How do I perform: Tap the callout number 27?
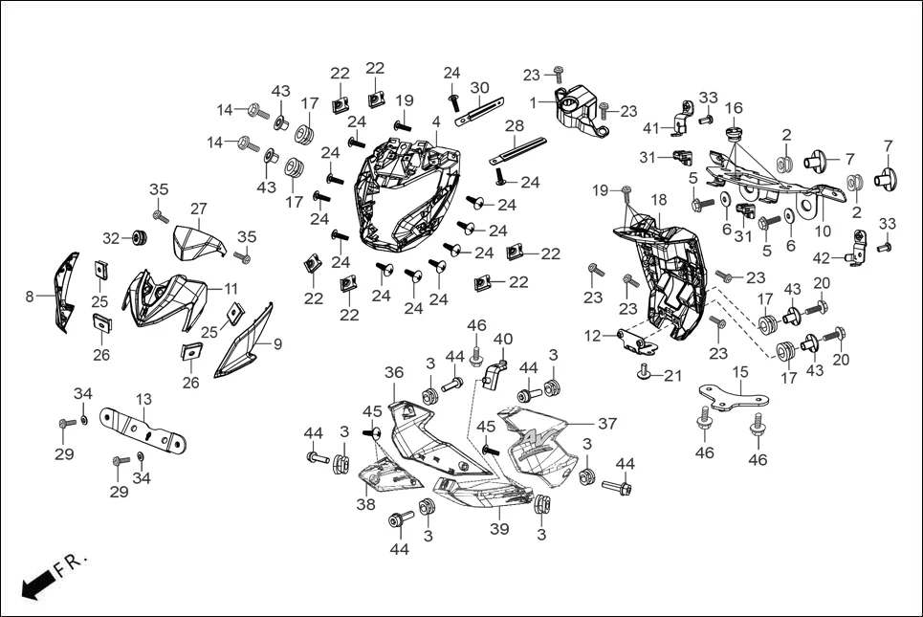(x=198, y=209)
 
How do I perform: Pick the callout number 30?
(x=479, y=88)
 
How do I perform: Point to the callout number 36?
(x=394, y=372)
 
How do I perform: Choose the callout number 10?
(x=822, y=231)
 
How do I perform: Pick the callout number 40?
(x=503, y=340)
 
